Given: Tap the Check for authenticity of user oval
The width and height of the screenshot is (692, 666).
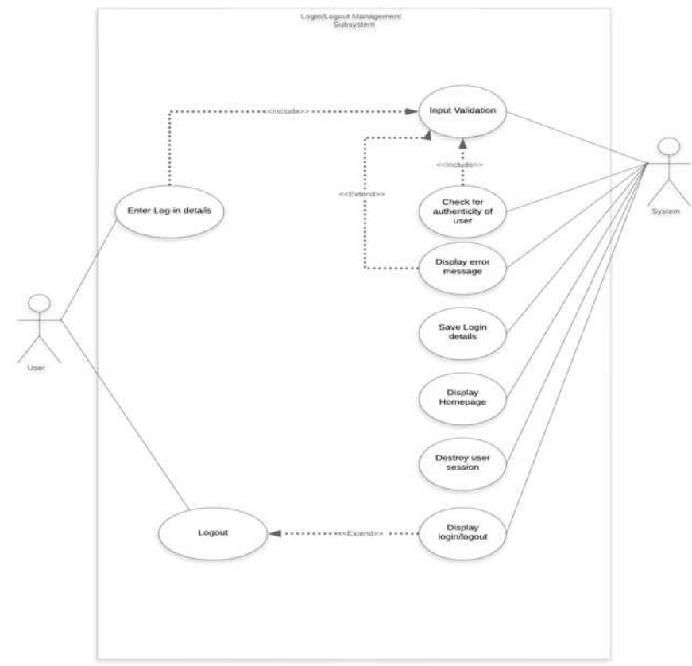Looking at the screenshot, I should (462, 211).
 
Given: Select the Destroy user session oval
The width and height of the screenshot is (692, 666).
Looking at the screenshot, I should (462, 462).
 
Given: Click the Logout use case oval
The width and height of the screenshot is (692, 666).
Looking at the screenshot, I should (213, 532).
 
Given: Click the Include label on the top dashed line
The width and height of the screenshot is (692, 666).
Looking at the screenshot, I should (286, 111).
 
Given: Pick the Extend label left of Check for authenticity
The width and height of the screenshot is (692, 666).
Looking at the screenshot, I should (363, 193).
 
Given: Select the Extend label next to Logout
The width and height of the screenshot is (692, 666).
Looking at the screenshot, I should (361, 533).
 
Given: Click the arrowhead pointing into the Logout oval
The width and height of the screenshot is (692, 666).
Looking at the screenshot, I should (274, 533).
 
